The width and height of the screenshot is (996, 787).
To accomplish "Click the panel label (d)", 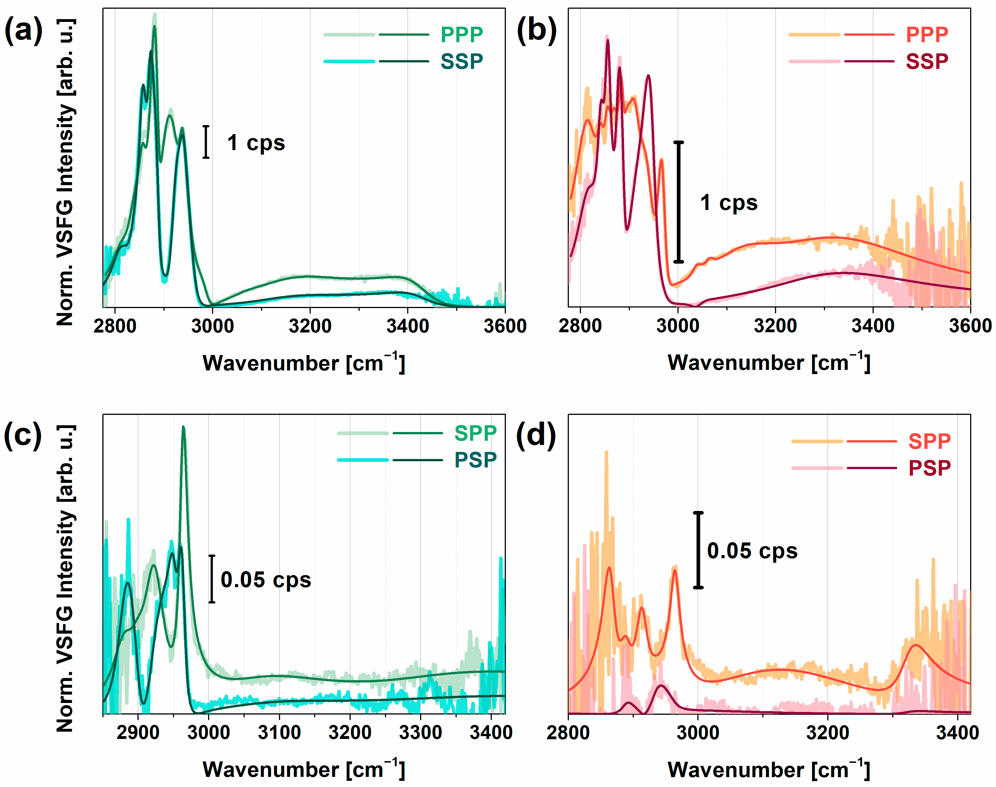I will coord(536,435).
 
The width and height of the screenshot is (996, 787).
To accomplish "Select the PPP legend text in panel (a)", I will coord(461,35).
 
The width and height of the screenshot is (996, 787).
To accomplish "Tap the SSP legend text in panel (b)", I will coord(927,61).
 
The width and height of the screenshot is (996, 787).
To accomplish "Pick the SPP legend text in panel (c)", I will coord(475,433).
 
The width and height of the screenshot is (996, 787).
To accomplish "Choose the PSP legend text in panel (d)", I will coord(929,468).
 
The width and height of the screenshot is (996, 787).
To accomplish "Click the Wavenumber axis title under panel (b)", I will coord(769,363).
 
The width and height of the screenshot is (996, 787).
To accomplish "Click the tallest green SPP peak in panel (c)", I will coord(183,427).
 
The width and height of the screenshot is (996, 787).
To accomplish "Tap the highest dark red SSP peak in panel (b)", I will coord(607,40).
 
